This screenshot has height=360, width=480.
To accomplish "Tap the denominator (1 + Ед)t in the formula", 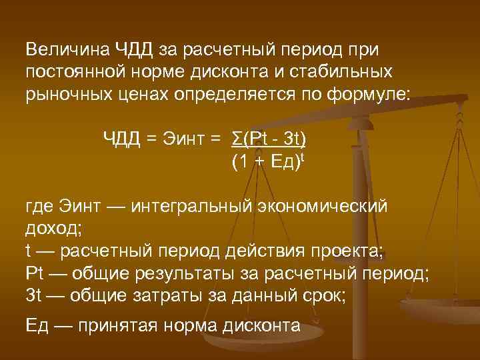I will pyautogui.click(x=265, y=161).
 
